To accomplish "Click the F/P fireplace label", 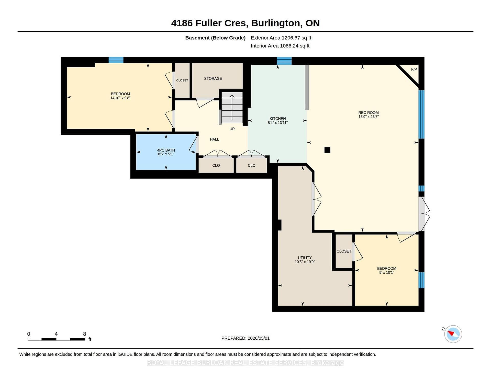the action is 414,69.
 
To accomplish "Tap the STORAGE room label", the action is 213,78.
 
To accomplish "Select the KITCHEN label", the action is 277,119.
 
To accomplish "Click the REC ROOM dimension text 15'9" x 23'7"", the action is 369,117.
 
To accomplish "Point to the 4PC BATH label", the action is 166,150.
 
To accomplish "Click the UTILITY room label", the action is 305,258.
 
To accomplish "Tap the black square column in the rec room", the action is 327,150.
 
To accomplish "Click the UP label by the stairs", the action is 232,129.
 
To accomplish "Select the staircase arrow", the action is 232,107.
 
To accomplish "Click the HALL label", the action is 214,139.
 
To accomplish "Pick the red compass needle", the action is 451,333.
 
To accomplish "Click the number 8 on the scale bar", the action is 85,334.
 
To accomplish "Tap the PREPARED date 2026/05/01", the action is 259,338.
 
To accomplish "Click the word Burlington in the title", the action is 276,23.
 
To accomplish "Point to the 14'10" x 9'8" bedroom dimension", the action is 120,98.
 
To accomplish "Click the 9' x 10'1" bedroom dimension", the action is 386,272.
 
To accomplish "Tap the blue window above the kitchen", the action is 284,61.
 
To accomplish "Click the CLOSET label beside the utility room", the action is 344,251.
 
